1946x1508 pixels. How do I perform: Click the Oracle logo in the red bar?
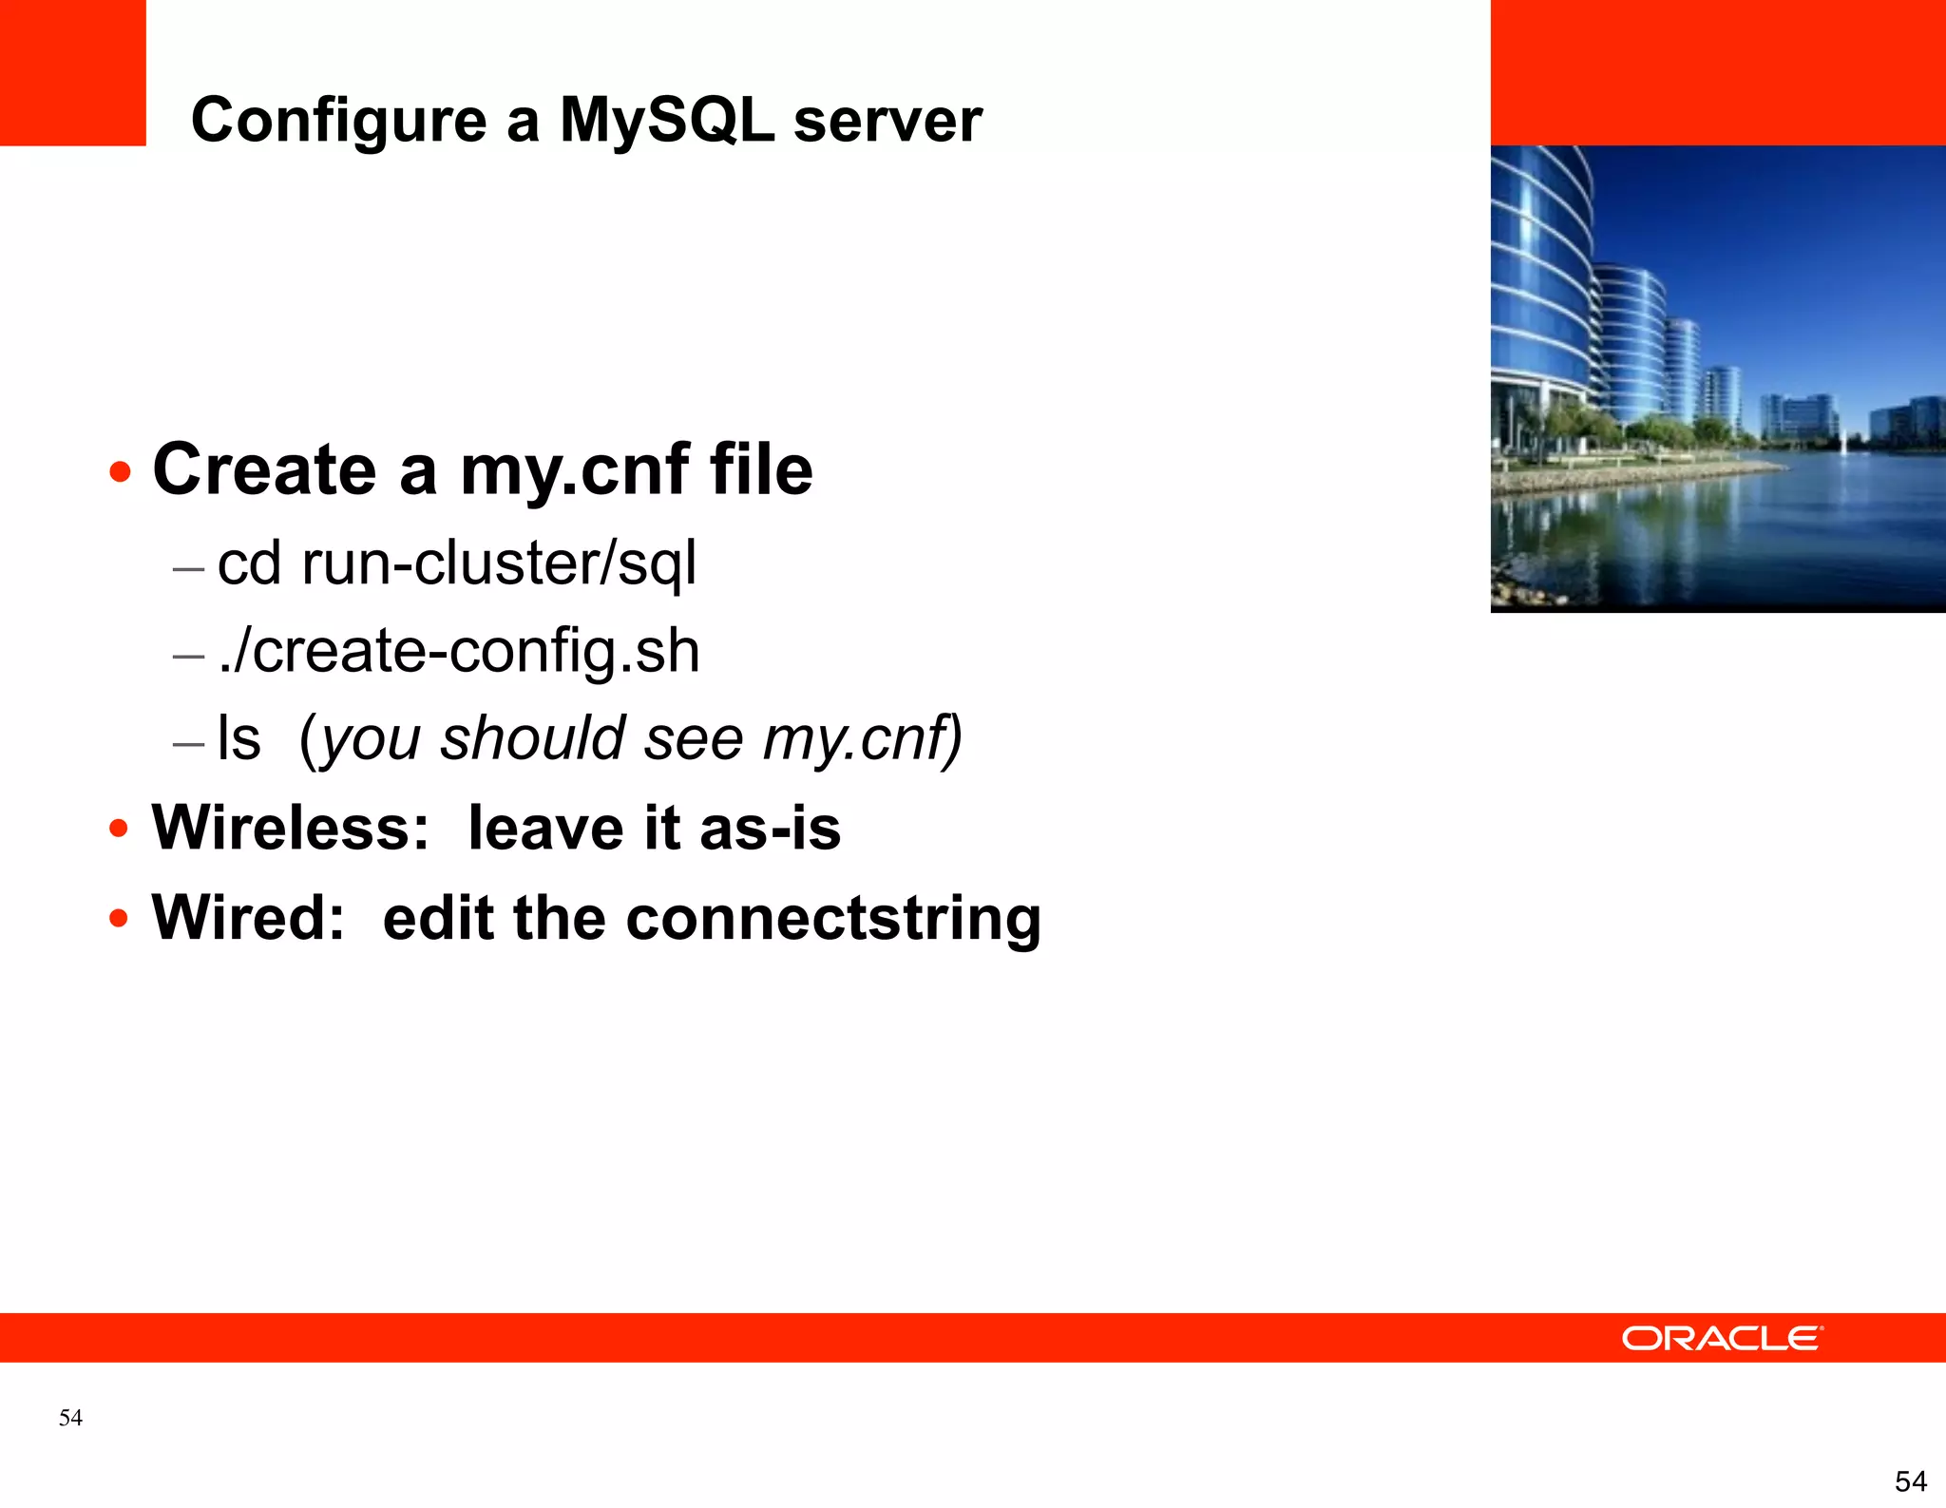1721,1338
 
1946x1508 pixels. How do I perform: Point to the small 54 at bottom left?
70,1418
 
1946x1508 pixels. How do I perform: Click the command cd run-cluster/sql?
457,563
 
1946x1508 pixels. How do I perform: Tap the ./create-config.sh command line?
459,651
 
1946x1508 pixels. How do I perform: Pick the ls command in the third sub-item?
238,738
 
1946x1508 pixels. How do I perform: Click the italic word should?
532,738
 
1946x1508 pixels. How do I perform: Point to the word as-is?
770,828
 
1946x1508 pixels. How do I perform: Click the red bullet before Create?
120,472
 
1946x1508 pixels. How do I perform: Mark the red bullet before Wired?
119,919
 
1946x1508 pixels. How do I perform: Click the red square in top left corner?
72,72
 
